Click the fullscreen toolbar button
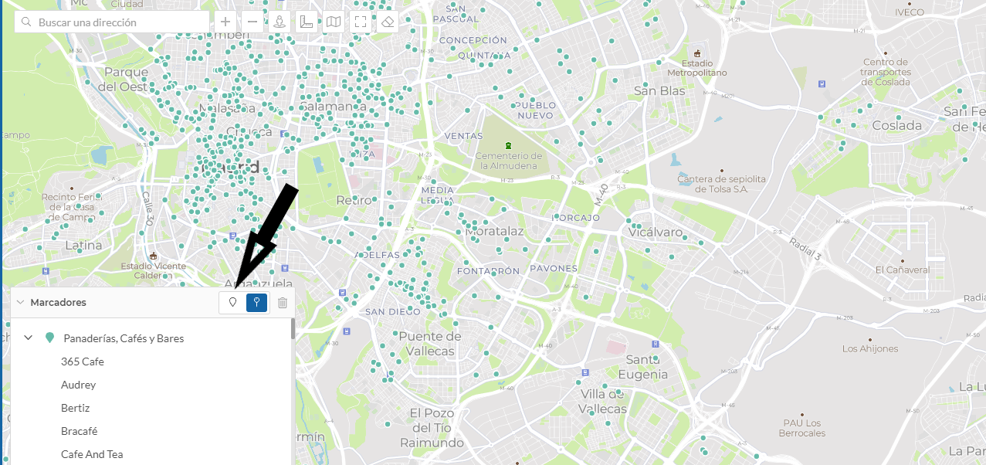pyautogui.click(x=361, y=22)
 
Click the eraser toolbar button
pyautogui.click(x=388, y=22)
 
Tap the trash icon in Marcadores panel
pyautogui.click(x=283, y=303)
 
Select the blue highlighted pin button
pyautogui.click(x=257, y=303)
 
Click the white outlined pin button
pyautogui.click(x=232, y=303)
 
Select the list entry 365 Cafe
pyautogui.click(x=82, y=361)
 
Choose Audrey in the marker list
pyautogui.click(x=78, y=385)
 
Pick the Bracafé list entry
pyautogui.click(x=79, y=431)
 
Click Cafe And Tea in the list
pyautogui.click(x=92, y=454)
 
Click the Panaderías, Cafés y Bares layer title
pyautogui.click(x=124, y=338)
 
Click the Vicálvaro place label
pyautogui.click(x=656, y=232)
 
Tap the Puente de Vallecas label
pyautogui.click(x=429, y=342)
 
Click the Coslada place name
pyautogui.click(x=896, y=125)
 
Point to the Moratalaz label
pyautogui.click(x=495, y=231)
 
